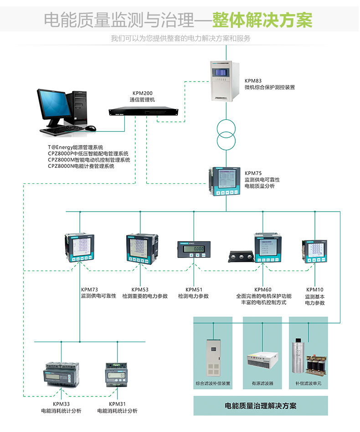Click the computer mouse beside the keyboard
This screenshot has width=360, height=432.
pyautogui.click(x=91, y=128)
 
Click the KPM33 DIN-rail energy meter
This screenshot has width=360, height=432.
pyautogui.click(x=61, y=375)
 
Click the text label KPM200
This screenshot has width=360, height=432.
pyautogui.click(x=143, y=93)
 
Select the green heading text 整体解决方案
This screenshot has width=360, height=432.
pyautogui.click(x=262, y=20)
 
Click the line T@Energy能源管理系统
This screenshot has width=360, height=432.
pyautogui.click(x=76, y=147)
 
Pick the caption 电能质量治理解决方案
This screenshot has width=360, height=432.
pyautogui.click(x=261, y=405)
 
